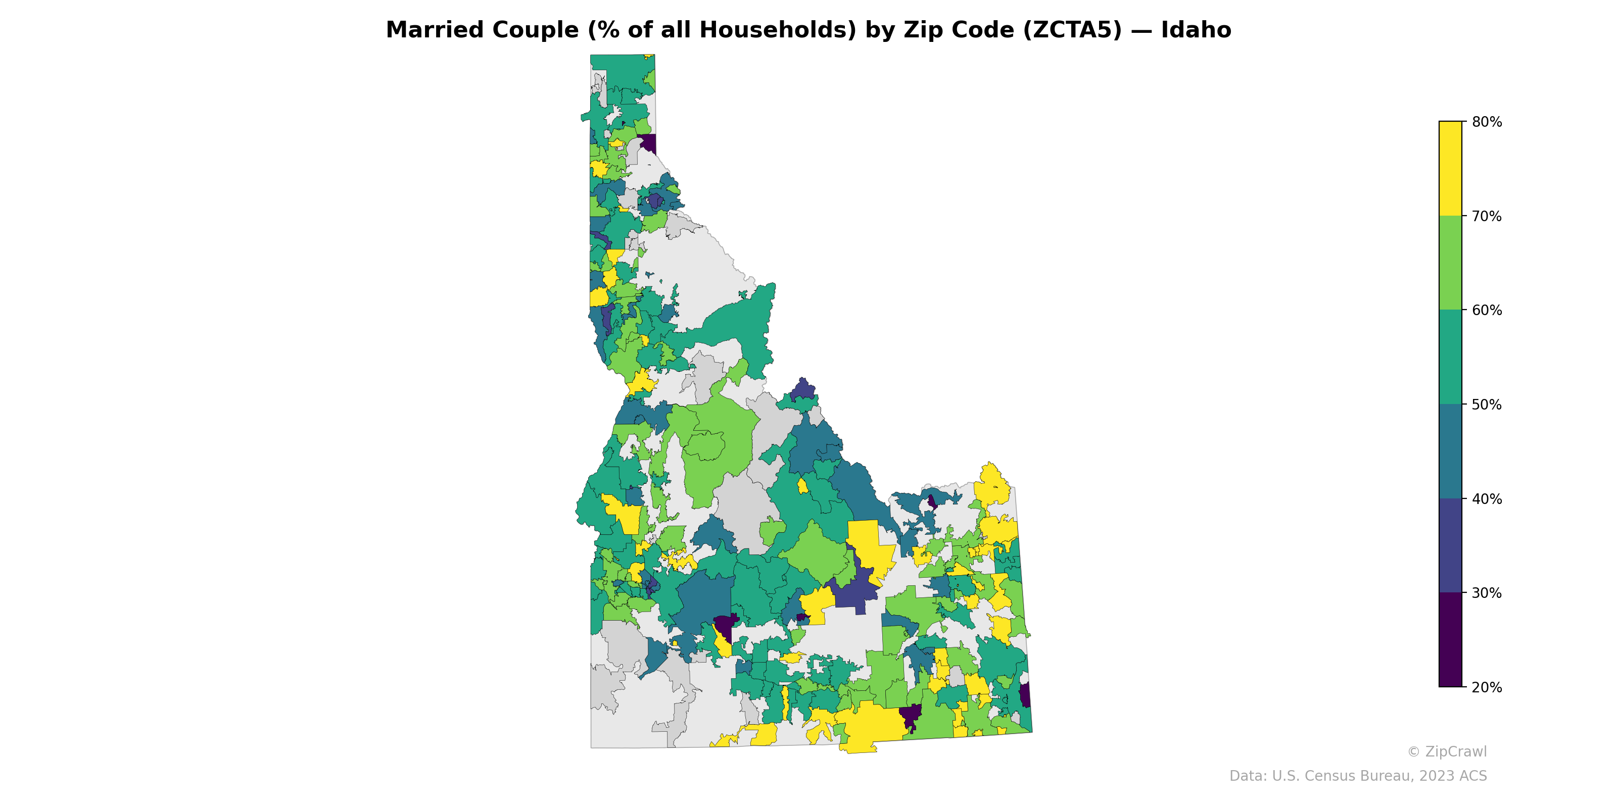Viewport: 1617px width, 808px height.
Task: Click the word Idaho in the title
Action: (1196, 30)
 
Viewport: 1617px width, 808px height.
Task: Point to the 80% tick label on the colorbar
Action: (1487, 122)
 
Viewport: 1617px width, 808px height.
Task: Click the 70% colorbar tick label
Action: (1487, 217)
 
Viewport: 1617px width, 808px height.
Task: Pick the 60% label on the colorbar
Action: (1487, 311)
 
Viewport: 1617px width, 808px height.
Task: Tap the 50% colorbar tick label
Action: (1487, 405)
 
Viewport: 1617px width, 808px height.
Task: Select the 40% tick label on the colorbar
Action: (1487, 499)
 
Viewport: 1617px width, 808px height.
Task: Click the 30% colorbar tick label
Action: (1487, 593)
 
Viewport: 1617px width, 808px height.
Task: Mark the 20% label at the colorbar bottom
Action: (1487, 687)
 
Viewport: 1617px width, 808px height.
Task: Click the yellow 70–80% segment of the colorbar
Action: (1450, 168)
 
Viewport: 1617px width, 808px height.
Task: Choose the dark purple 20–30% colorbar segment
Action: (1450, 640)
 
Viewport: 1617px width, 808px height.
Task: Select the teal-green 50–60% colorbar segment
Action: (1450, 357)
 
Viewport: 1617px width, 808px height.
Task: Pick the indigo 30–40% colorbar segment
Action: (1450, 546)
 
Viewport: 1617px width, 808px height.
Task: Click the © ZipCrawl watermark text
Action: (1446, 751)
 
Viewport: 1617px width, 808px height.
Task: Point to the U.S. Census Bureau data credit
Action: (1358, 776)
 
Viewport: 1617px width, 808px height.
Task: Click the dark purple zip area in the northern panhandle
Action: (648, 143)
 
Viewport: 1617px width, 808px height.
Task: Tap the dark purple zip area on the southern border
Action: (910, 715)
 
